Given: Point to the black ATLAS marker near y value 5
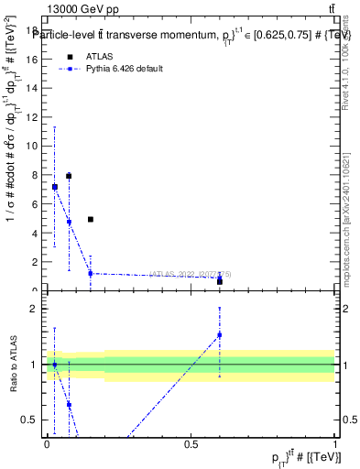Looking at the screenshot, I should pyautogui.click(x=91, y=220).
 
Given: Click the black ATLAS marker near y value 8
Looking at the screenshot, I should pyautogui.click(x=69, y=176).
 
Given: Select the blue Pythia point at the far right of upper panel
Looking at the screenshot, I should pyautogui.click(x=220, y=278).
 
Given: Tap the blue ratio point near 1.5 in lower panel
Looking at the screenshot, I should pyautogui.click(x=220, y=334).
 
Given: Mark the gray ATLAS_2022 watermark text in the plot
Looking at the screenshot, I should pyautogui.click(x=196, y=273).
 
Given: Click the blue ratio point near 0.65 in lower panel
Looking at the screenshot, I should pyautogui.click(x=69, y=404).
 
